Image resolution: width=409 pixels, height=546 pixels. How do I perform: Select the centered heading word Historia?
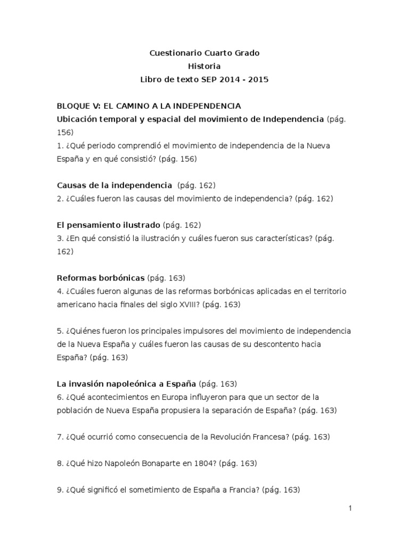point(204,66)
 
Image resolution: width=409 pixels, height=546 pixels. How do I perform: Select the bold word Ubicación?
point(77,118)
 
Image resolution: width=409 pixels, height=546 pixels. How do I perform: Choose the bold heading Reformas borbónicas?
point(101,278)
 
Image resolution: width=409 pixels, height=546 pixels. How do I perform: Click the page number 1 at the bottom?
point(350,509)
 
